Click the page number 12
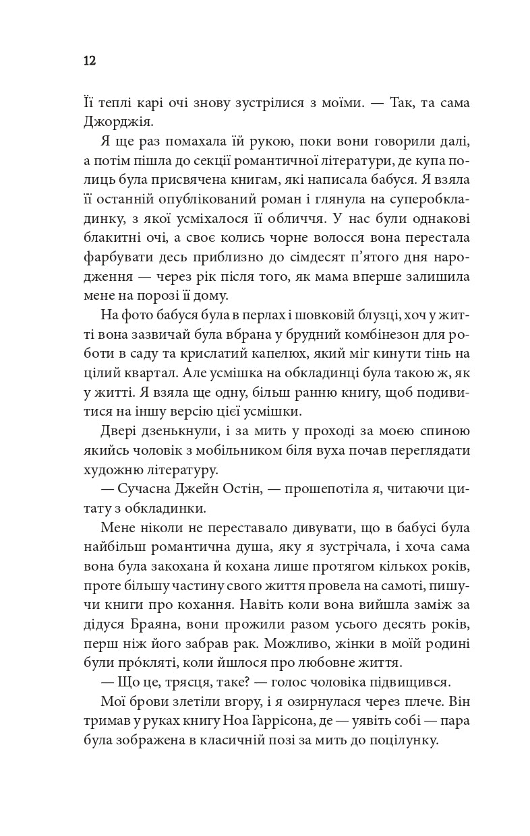coord(90,61)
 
